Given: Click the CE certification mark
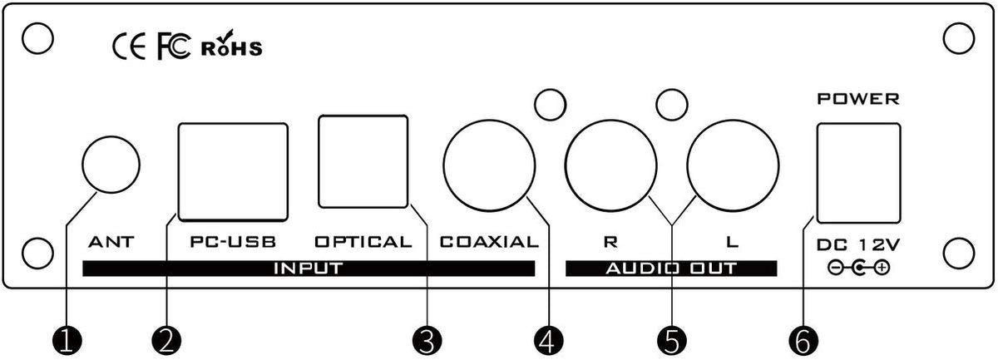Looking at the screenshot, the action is click(x=129, y=47).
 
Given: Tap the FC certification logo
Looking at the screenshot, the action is click(x=174, y=47).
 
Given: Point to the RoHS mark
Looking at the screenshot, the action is click(x=232, y=44).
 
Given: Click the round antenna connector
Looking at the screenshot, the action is click(x=111, y=165).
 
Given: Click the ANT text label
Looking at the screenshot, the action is click(x=111, y=242).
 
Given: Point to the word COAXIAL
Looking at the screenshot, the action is click(x=489, y=242).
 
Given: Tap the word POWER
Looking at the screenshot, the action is click(x=858, y=99).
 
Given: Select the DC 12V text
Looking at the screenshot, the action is click(x=858, y=244).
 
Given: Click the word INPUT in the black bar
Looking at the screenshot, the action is click(x=309, y=269).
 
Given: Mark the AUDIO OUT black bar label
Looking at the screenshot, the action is click(x=671, y=269).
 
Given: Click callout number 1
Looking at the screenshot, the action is click(x=67, y=342).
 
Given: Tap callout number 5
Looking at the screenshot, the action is click(x=671, y=342).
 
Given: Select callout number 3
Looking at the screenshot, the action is click(x=427, y=342).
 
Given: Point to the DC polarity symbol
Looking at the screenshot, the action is click(x=858, y=268).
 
